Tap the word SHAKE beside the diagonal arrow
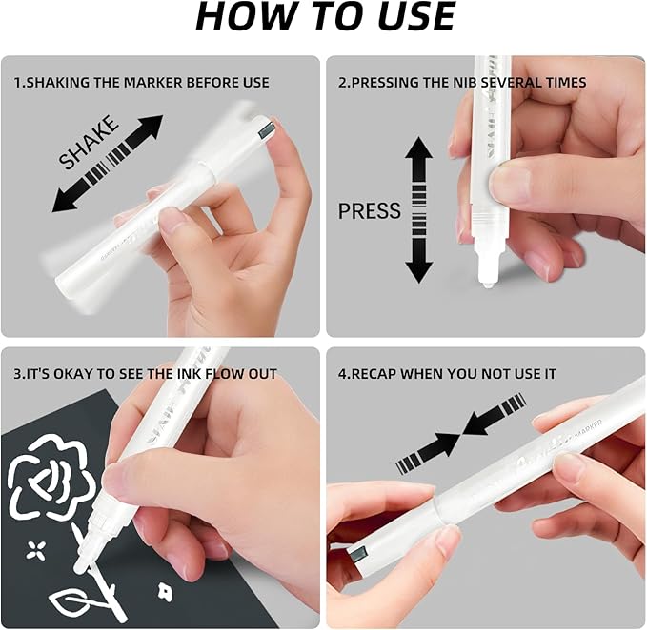click(89, 142)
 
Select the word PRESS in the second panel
click(370, 211)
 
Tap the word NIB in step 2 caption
click(466, 83)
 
